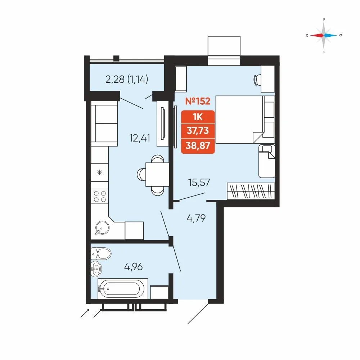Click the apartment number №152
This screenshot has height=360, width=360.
point(198,101)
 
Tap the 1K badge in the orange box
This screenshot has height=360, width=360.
point(198,117)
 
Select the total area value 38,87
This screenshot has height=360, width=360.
point(198,145)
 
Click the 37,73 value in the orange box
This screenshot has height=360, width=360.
point(198,131)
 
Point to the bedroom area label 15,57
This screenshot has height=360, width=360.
point(199,183)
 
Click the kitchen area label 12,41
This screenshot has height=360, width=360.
point(140,138)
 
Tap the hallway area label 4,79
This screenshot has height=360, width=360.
point(196,218)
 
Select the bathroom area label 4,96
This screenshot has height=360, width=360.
point(134,266)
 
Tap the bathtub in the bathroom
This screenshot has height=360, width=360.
point(123,289)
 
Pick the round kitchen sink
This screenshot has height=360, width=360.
point(102,228)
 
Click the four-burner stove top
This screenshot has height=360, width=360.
point(100,196)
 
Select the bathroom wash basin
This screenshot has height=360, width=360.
point(96,269)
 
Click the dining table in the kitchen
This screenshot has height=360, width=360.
point(157,175)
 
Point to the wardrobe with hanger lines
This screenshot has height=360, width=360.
point(251,191)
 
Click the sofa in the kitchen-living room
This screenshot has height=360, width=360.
point(104,123)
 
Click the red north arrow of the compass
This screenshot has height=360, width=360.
point(317,35)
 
